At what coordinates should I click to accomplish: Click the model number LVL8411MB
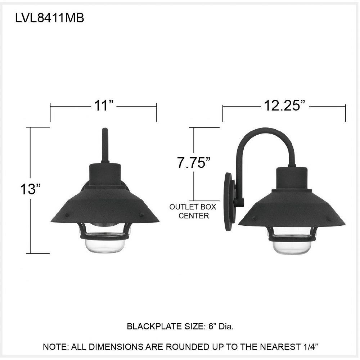pos(50,18)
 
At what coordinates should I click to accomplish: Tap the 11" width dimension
pos(104,105)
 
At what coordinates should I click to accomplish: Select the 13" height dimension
pos(30,189)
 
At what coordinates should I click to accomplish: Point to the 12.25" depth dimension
pos(285,105)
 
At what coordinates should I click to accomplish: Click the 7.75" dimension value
pos(194,163)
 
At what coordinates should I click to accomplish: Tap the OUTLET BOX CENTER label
pos(193,211)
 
